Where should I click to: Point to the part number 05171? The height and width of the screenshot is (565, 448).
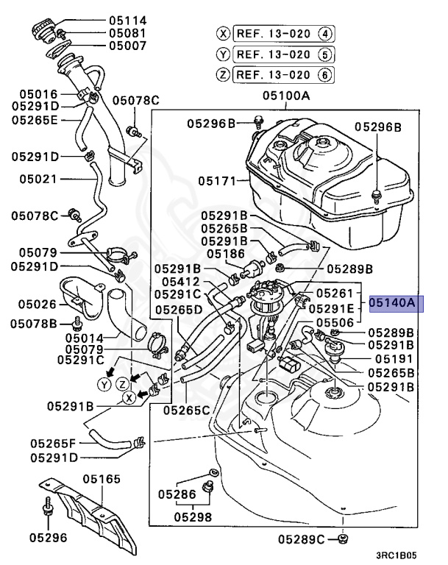click(218, 180)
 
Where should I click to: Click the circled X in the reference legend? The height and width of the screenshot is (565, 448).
click(223, 33)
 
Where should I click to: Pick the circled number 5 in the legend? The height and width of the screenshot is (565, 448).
click(325, 54)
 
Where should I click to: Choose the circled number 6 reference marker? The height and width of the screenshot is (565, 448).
click(325, 74)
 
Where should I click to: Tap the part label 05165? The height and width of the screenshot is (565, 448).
click(102, 480)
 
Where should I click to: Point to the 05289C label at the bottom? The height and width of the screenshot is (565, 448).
click(302, 541)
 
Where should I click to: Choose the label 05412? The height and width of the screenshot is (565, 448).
click(180, 281)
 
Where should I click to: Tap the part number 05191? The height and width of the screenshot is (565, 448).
click(396, 359)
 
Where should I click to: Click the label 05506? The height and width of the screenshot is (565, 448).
click(335, 321)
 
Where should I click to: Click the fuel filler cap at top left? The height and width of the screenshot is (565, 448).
click(43, 32)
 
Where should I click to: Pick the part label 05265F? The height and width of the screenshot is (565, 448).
click(53, 443)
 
